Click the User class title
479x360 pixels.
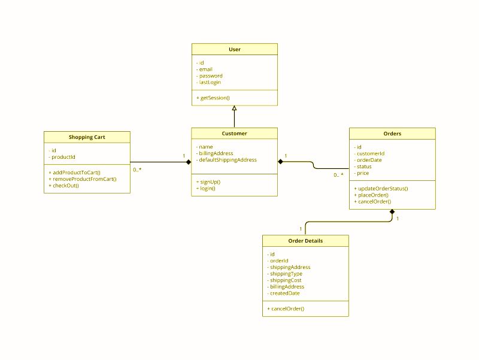point(235,50)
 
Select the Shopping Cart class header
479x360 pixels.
point(87,137)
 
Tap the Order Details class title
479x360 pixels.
point(305,241)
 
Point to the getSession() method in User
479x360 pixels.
point(213,98)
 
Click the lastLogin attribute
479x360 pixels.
point(208,82)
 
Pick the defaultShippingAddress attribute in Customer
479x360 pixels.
point(226,160)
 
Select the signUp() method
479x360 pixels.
point(208,182)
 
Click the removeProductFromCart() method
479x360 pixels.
point(83,179)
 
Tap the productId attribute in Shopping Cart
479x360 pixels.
point(62,157)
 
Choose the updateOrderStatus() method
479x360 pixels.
point(381,189)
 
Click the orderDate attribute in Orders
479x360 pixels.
point(368,160)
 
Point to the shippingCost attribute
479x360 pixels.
point(284,280)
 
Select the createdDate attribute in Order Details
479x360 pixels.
point(283,294)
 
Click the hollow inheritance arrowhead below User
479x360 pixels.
point(234,108)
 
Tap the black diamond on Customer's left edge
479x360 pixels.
point(189,162)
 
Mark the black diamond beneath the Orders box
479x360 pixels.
point(392,212)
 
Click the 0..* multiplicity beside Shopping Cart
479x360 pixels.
point(137,170)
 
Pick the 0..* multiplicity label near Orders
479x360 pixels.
point(338,175)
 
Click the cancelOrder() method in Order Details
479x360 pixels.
point(286,308)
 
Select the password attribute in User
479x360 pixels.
point(209,76)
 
